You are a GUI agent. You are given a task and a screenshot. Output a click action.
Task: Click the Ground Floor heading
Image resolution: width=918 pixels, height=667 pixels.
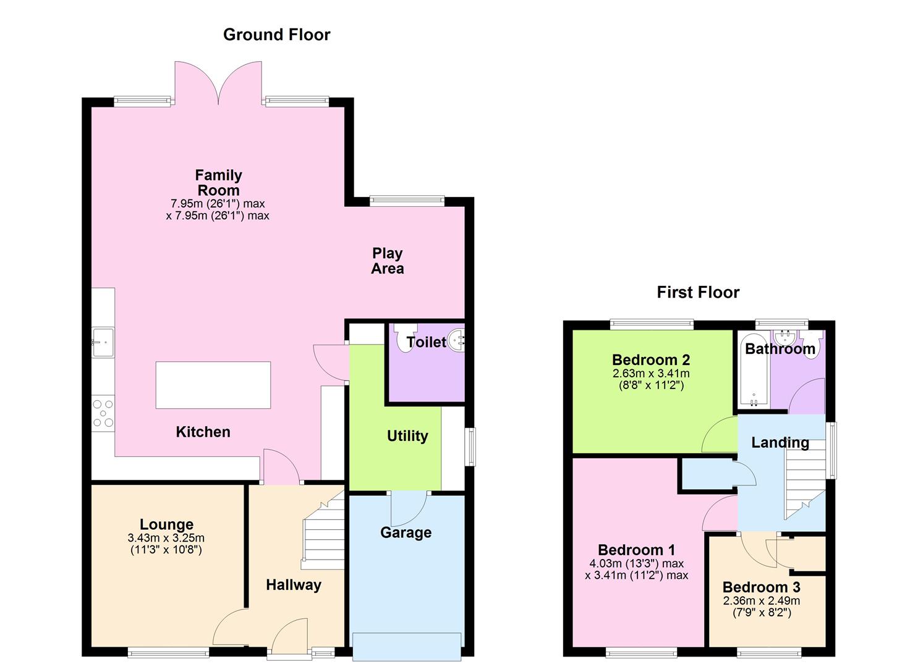276,35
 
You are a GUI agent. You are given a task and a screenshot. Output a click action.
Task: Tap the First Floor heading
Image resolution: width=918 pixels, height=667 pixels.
698,292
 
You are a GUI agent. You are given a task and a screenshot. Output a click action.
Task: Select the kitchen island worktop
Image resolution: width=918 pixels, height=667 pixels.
213,385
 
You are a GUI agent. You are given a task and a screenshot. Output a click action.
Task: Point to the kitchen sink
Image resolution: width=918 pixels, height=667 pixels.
103,342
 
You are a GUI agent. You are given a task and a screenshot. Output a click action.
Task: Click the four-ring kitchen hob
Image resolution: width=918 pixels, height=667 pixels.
103,413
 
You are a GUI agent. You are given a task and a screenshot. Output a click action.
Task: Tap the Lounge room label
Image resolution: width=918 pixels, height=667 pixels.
166,524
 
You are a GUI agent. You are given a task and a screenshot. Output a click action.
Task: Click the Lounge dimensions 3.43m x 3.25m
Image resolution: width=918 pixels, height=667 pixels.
166,538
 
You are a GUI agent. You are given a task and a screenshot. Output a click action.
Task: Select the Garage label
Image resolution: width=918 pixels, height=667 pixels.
406,533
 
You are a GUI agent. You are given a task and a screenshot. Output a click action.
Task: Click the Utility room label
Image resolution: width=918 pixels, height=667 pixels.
407,436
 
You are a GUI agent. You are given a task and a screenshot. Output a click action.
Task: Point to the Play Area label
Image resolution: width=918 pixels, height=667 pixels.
387,261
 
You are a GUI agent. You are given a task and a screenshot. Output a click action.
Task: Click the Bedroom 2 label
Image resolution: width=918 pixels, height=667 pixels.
651,360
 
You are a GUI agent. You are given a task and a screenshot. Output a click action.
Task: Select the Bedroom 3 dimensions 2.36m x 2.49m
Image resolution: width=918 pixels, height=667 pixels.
762,601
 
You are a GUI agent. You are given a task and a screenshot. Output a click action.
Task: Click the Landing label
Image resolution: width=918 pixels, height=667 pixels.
780,443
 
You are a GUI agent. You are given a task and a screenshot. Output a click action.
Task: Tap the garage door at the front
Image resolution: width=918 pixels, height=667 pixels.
407,647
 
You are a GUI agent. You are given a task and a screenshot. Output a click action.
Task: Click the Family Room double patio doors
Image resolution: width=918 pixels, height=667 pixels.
218,83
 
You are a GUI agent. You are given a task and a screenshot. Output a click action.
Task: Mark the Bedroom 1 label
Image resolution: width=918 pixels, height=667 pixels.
637,550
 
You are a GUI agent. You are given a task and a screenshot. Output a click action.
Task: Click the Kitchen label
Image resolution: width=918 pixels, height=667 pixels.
203,432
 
